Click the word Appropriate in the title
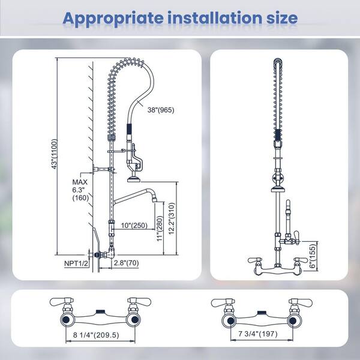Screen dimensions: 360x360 pyautogui.click(x=113, y=19)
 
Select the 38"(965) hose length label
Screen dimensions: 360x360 pyautogui.click(x=161, y=110)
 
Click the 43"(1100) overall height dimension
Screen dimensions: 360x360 pyautogui.click(x=54, y=154)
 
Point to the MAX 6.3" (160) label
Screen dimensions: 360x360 pyautogui.click(x=80, y=190)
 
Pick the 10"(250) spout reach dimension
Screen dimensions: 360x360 pyautogui.click(x=134, y=226)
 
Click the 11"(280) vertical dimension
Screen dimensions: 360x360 pyautogui.click(x=160, y=228)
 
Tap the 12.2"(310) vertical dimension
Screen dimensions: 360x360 pyautogui.click(x=172, y=218)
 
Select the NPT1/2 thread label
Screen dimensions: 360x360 pyautogui.click(x=76, y=263)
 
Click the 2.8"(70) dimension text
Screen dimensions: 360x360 pyautogui.click(x=127, y=263)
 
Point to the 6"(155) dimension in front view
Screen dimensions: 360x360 pyautogui.click(x=313, y=256)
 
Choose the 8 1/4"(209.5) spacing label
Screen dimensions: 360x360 pyautogui.click(x=96, y=335)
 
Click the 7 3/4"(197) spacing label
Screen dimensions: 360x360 pyautogui.click(x=258, y=334)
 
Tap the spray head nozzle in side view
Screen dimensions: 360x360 pyautogui.click(x=134, y=179)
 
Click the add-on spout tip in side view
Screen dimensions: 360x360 pyautogui.click(x=155, y=199)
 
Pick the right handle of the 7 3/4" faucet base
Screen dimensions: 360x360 pyautogui.click(x=301, y=302)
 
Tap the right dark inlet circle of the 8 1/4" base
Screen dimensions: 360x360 pyautogui.click(x=134, y=320)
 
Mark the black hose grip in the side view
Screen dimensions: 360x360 pyautogui.click(x=130, y=129)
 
